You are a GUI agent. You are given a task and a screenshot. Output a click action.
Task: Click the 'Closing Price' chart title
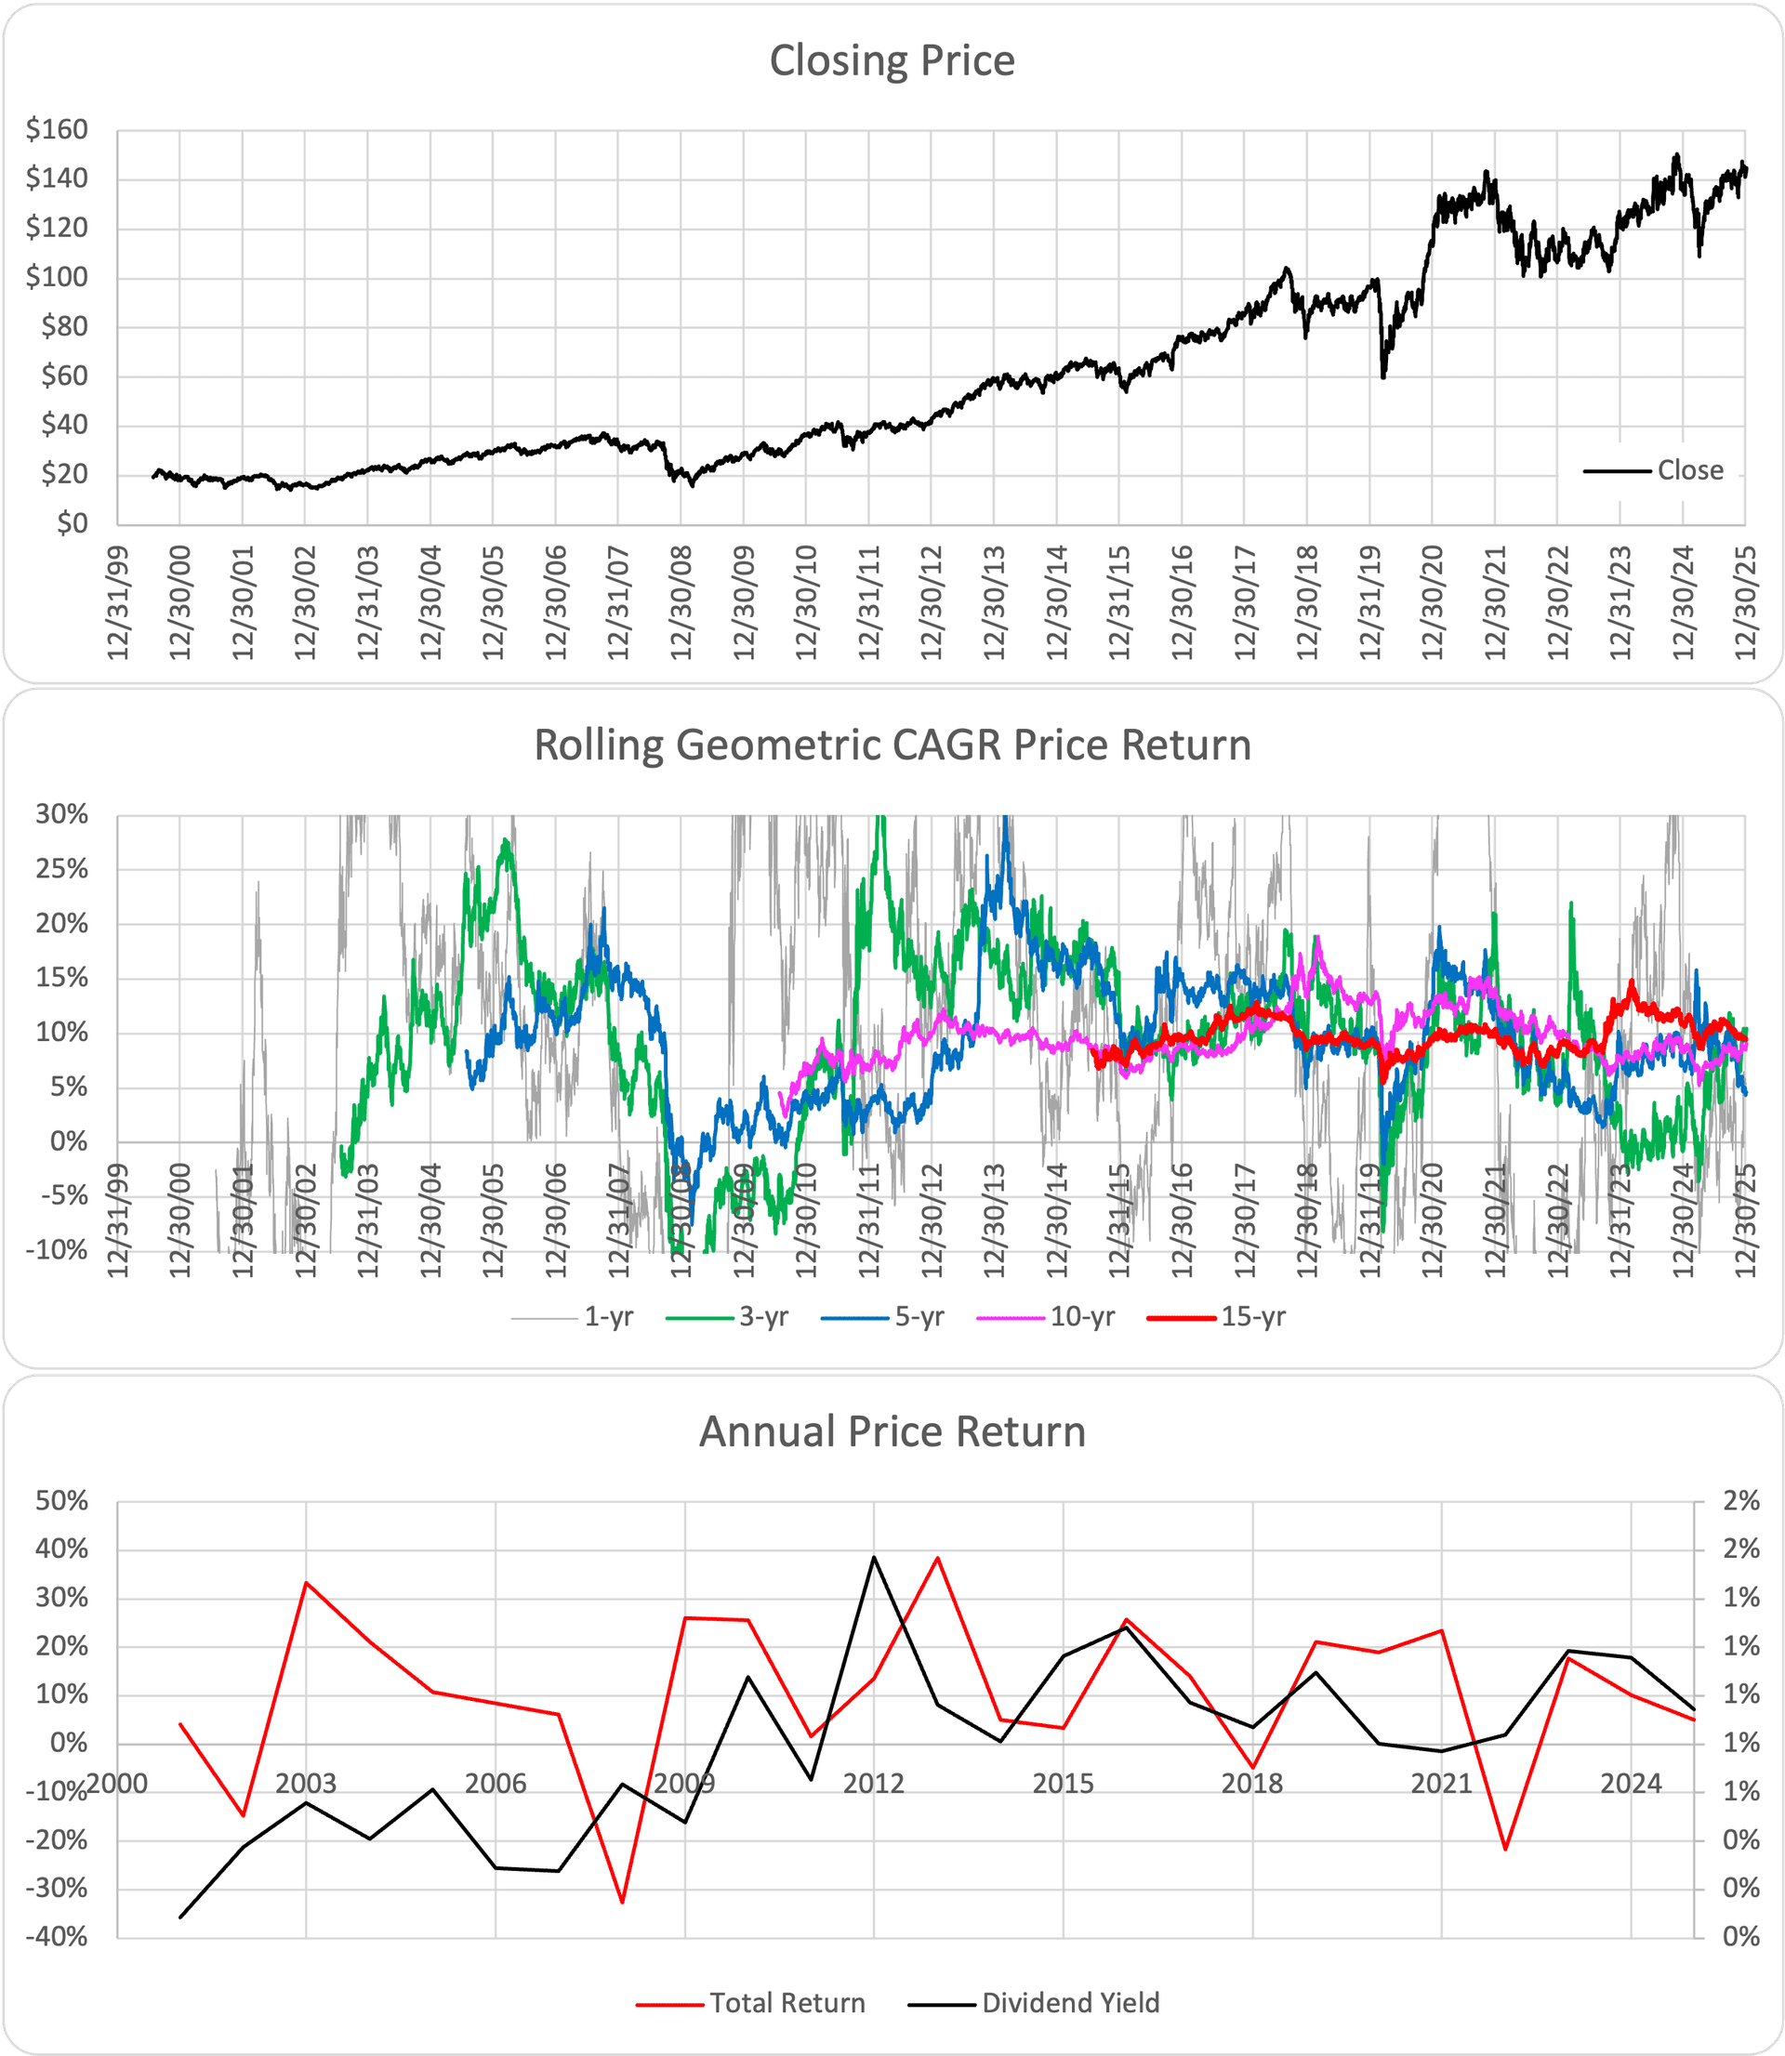892,60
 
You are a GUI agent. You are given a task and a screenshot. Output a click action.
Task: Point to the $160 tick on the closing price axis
57,129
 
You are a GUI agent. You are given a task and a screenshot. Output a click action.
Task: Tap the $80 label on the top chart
64,326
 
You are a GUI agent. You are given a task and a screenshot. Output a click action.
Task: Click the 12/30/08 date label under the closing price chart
681,602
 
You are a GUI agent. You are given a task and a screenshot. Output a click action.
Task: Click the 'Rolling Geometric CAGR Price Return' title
892,745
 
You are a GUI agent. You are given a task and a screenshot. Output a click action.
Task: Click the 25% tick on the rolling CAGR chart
61,869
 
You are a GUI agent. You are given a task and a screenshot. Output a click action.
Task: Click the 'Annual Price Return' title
892,1431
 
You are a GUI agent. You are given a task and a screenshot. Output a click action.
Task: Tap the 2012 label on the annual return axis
874,1783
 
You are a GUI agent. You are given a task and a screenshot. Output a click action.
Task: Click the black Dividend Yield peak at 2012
874,1557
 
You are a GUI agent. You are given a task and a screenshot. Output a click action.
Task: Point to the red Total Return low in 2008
622,1903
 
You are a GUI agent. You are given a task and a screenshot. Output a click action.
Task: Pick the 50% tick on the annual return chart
61,1501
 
